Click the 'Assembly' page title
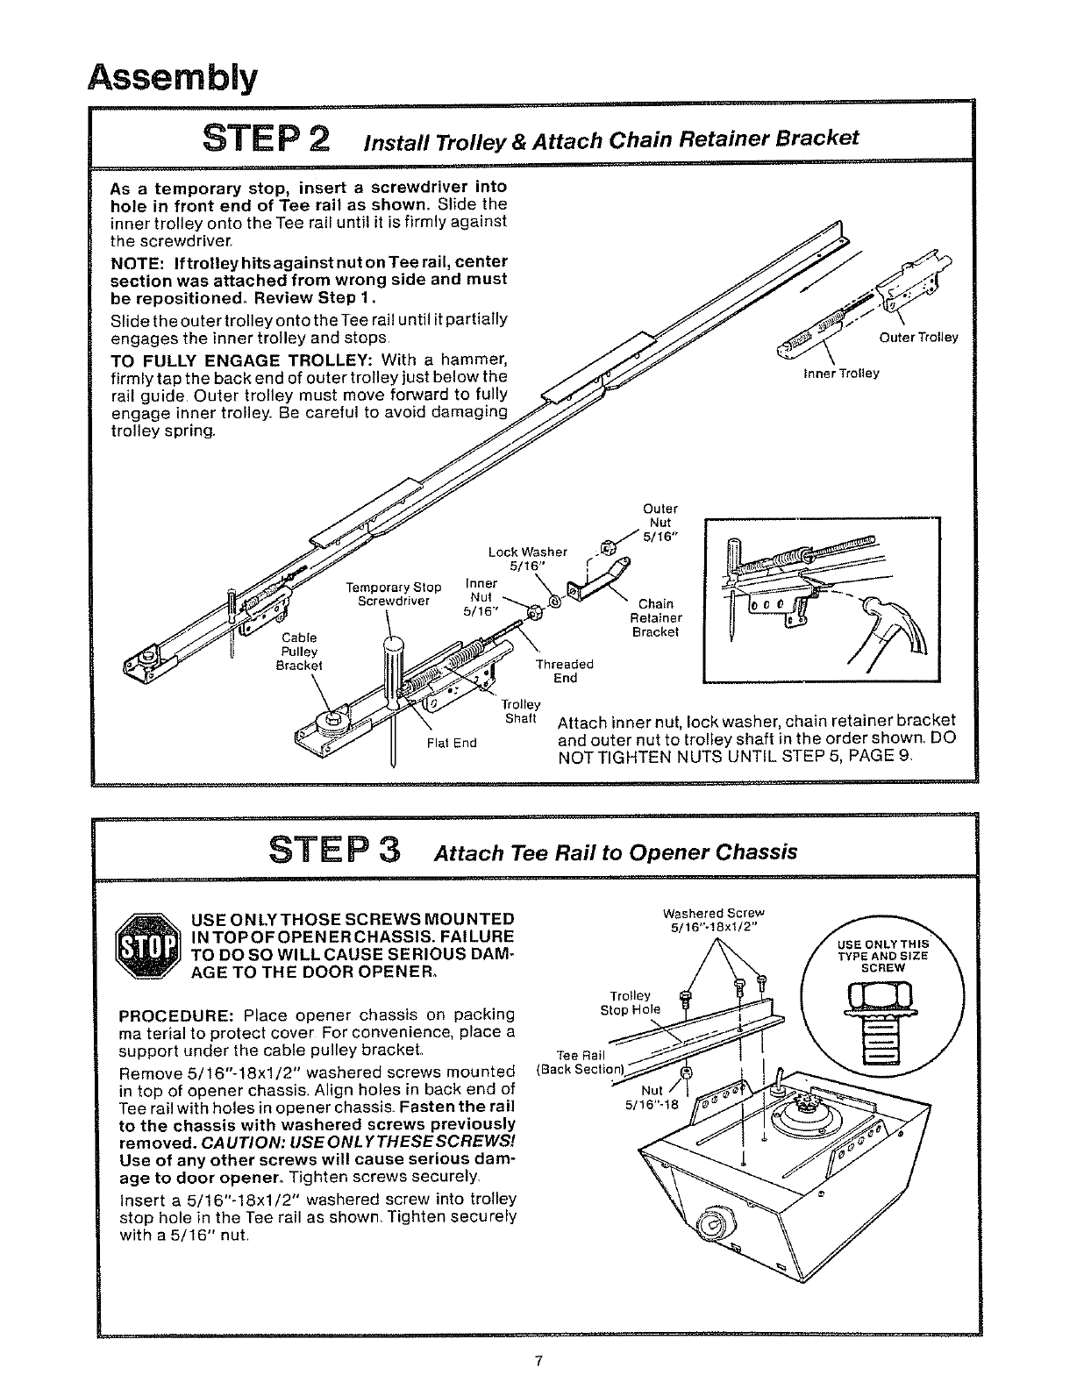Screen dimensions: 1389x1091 (x=173, y=78)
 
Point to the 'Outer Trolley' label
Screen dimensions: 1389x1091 (x=918, y=338)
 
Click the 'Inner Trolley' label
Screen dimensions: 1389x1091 (x=841, y=373)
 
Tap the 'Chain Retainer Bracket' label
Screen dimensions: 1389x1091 (x=655, y=617)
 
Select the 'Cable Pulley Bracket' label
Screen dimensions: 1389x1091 (x=299, y=651)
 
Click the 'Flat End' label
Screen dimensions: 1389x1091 (x=451, y=743)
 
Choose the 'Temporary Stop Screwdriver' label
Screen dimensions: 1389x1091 (x=393, y=595)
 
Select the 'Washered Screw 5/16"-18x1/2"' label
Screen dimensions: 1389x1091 (x=715, y=920)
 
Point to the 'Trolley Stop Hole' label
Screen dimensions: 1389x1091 (x=631, y=1002)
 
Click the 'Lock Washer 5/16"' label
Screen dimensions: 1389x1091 (x=528, y=559)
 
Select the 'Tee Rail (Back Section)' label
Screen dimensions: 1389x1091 (x=579, y=1061)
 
